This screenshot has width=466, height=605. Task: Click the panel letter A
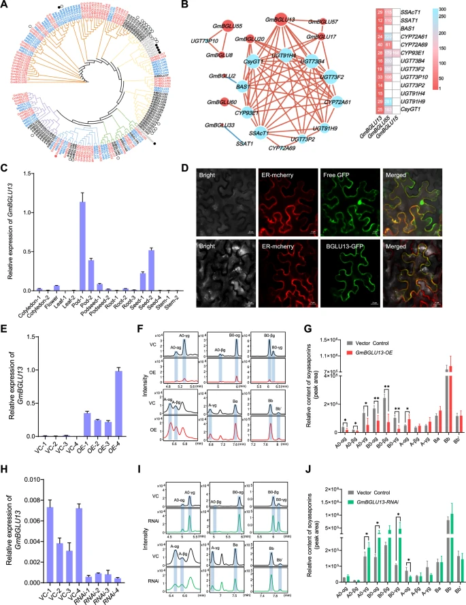coord(6,5)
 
